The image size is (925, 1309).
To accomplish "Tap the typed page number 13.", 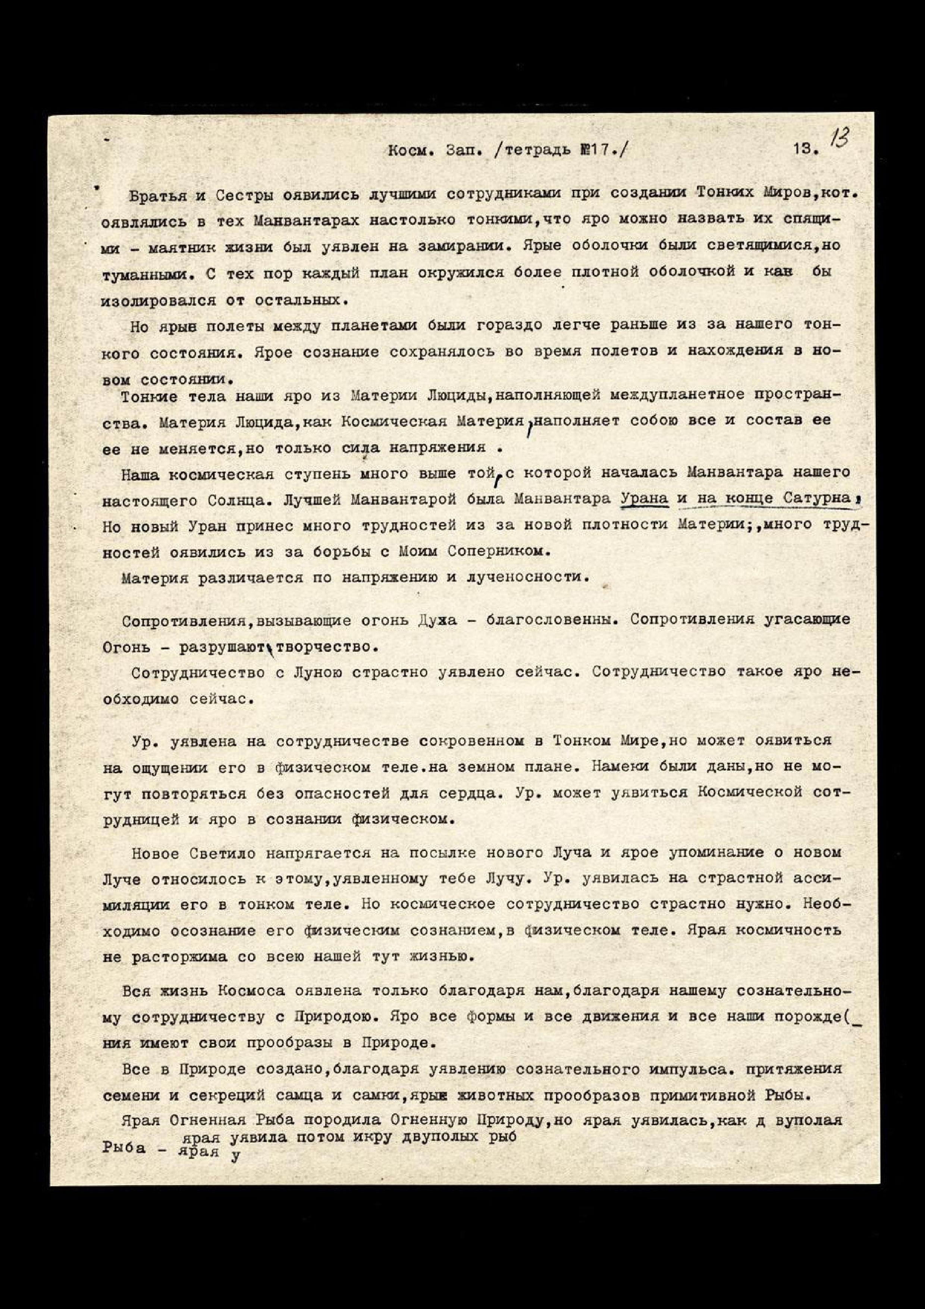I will [805, 150].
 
